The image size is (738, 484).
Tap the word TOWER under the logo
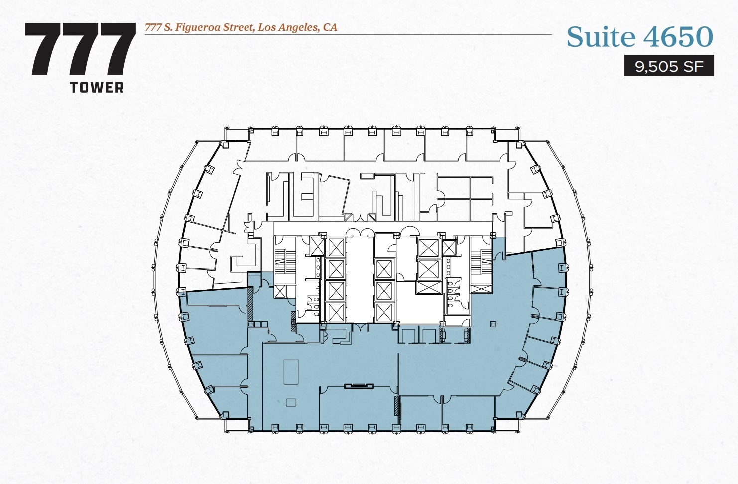(97, 88)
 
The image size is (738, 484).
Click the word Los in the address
(266, 27)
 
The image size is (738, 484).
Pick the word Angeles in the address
(297, 27)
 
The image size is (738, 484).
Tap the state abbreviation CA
(330, 27)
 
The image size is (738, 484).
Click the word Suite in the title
(601, 37)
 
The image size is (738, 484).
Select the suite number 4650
(678, 37)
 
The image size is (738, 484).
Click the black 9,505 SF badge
(669, 66)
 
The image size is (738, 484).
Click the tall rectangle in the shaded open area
(291, 372)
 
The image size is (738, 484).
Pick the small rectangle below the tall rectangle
(291, 402)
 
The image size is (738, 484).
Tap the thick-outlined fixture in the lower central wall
(359, 385)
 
